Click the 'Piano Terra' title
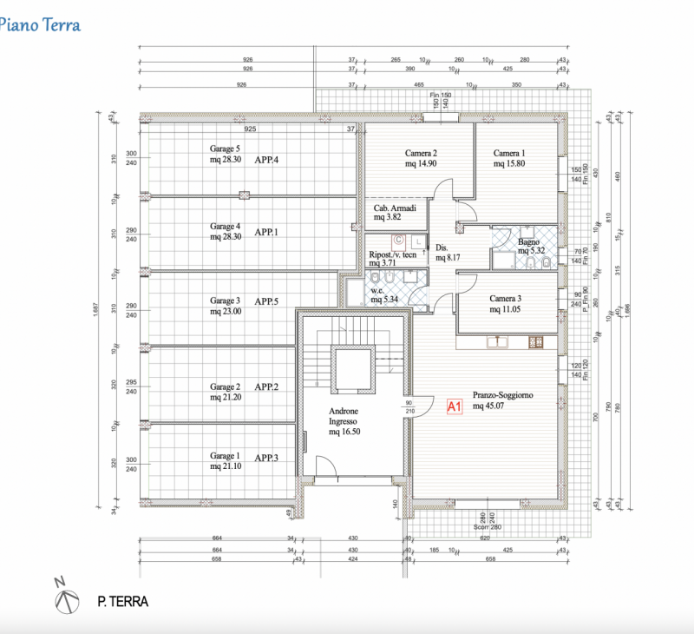[x=40, y=25]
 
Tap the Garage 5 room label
[x=225, y=149]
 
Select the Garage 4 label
[x=225, y=227]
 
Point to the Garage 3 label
[x=225, y=301]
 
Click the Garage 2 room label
[x=225, y=386]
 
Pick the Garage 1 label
[x=225, y=455]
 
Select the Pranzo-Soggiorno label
[x=502, y=395]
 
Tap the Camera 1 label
[x=510, y=153]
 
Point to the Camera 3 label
[x=506, y=298]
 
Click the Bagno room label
[x=529, y=242]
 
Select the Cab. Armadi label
[x=395, y=209]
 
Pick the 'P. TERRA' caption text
[x=121, y=601]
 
